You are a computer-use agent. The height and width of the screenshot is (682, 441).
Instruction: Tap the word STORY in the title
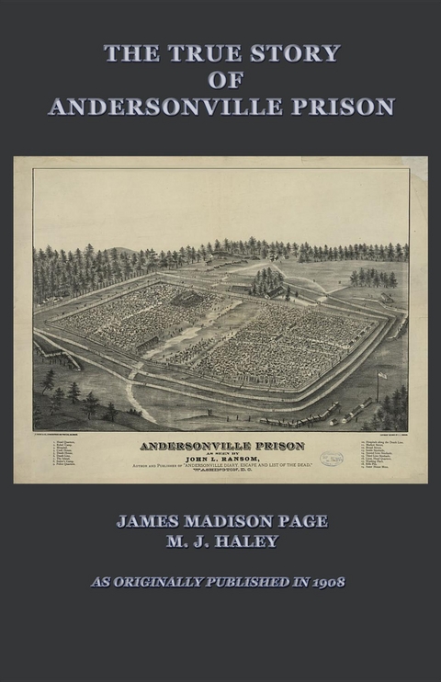288,53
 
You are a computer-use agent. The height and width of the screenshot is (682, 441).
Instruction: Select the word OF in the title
220,80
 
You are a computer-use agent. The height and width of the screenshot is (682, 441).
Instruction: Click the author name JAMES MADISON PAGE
220,521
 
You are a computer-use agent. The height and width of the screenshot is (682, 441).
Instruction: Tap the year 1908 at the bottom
326,582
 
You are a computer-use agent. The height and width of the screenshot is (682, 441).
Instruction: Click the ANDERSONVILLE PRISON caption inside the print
220,448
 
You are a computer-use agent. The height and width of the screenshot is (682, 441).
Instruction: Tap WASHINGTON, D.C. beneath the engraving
221,476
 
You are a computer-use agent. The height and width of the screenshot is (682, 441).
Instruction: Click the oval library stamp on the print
331,459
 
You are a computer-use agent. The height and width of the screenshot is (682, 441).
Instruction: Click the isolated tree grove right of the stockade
373,277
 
